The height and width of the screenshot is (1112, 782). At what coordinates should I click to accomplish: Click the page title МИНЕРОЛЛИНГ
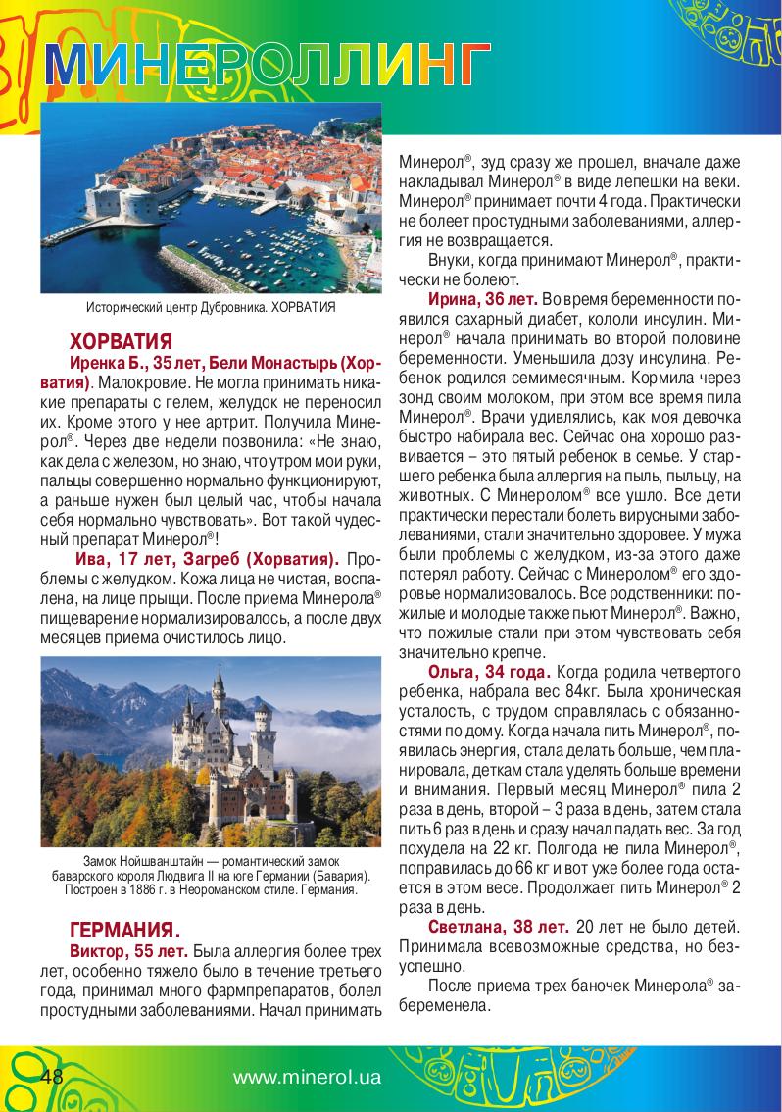[265, 66]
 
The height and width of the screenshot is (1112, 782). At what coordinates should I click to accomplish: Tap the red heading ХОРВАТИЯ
[121, 342]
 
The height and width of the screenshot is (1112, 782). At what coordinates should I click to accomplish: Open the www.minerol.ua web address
[307, 1077]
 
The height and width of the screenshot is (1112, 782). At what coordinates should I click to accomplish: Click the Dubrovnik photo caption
[211, 307]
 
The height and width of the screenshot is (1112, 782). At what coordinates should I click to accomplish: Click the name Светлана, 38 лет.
[498, 925]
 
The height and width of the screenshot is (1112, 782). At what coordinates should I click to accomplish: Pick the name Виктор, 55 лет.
[128, 951]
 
